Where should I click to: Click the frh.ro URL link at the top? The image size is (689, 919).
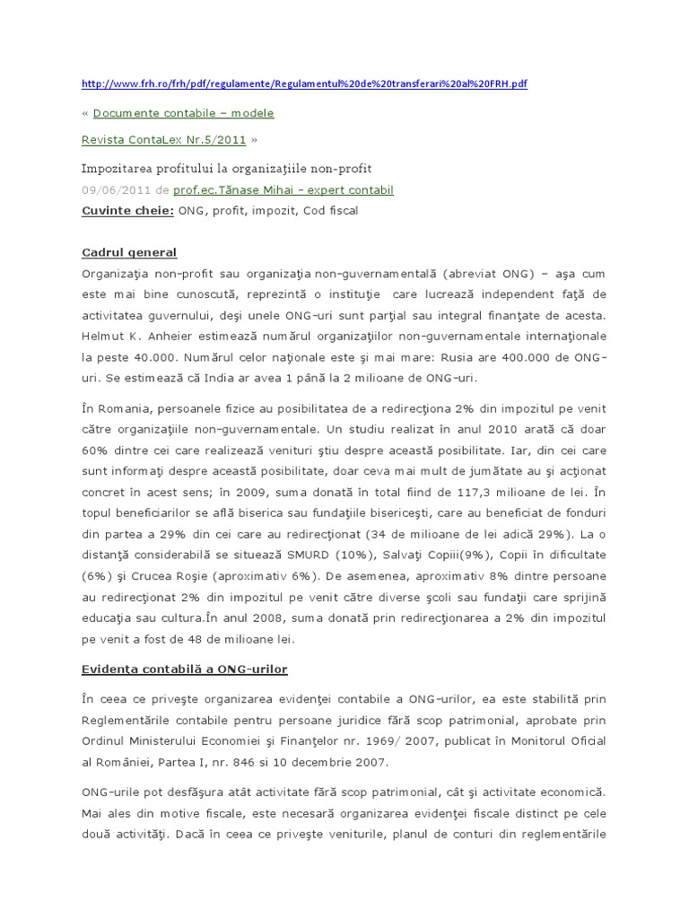pos(304,83)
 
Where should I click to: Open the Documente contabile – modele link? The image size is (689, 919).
pos(183,113)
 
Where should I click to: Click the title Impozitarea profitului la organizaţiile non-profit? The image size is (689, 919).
pos(226,168)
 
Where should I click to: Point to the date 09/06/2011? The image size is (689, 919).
pos(115,190)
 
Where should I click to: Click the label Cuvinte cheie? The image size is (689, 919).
pos(127,211)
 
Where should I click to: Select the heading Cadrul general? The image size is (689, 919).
pos(129,252)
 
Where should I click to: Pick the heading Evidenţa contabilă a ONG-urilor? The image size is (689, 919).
pos(184,669)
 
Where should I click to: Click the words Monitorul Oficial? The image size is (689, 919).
pos(559,740)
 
